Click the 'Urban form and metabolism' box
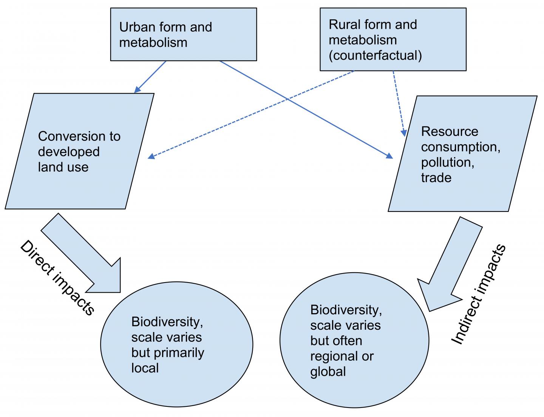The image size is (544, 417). [x=183, y=34]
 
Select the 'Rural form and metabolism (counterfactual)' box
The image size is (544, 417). [x=393, y=40]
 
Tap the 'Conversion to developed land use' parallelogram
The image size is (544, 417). [x=79, y=151]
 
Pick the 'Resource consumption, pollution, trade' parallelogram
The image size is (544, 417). [x=463, y=154]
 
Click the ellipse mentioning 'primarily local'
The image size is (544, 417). [x=176, y=344]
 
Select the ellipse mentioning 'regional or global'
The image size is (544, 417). [x=354, y=340]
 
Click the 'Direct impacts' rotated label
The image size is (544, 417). [x=57, y=278]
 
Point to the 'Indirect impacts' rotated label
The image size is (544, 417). [x=479, y=295]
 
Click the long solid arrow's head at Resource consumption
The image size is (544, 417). [x=389, y=156]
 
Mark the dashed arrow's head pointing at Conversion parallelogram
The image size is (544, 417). [x=151, y=156]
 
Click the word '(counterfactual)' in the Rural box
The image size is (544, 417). [x=375, y=56]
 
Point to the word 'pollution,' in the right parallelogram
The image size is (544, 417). [x=448, y=162]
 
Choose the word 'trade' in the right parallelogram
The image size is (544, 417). [x=436, y=178]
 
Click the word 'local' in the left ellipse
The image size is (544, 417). [x=145, y=368]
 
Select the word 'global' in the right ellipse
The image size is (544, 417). [x=328, y=372]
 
